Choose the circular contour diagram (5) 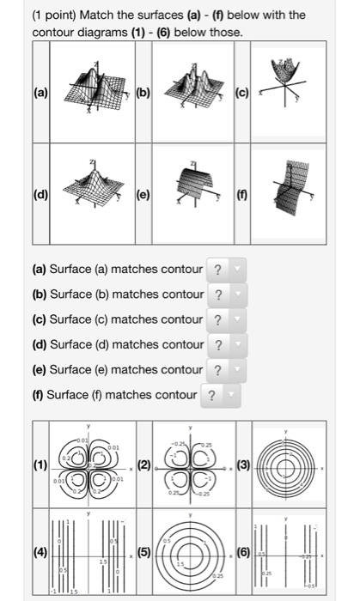coord(191,555)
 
